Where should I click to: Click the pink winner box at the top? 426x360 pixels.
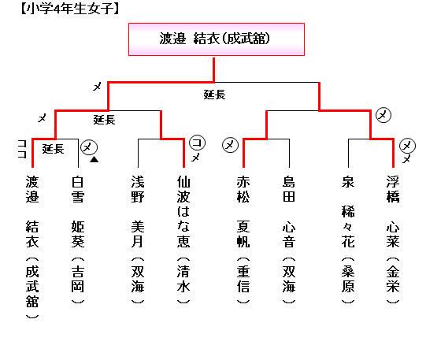pyautogui.click(x=217, y=39)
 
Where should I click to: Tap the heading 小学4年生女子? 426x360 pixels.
pyautogui.click(x=70, y=9)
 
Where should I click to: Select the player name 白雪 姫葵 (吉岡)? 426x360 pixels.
pyautogui.click(x=78, y=240)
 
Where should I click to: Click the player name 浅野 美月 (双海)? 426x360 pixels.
pyautogui.click(x=138, y=240)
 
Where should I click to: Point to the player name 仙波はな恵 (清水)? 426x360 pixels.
pyautogui.click(x=183, y=240)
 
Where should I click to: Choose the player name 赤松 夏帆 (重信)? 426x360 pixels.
pyautogui.click(x=243, y=240)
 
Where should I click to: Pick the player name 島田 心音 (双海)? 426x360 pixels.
pyautogui.click(x=289, y=240)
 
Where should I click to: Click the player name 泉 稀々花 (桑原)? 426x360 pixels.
pyautogui.click(x=348, y=240)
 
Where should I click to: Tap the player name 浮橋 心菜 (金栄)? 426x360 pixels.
pyautogui.click(x=393, y=240)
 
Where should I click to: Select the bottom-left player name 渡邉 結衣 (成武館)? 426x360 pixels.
pyautogui.click(x=32, y=247)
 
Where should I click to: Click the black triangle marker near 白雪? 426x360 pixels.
pyautogui.click(x=94, y=159)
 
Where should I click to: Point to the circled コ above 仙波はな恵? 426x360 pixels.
pyautogui.click(x=197, y=143)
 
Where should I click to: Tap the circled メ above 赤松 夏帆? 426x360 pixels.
pyautogui.click(x=230, y=145)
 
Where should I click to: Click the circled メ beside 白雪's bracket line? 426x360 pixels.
pyautogui.click(x=89, y=147)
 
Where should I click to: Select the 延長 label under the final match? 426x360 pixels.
pyautogui.click(x=215, y=95)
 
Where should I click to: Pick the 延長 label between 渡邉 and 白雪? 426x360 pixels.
pyautogui.click(x=53, y=149)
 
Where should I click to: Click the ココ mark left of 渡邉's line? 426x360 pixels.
pyautogui.click(x=22, y=149)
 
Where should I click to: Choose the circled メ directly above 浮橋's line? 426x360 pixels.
pyautogui.click(x=407, y=146)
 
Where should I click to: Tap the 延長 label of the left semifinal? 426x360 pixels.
pyautogui.click(x=104, y=120)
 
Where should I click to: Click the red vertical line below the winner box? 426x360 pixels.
pyautogui.click(x=214, y=69)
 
